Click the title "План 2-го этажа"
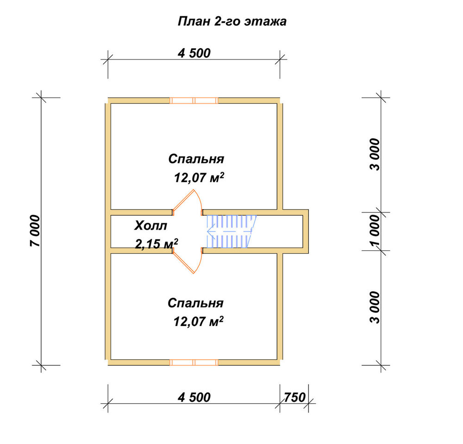pos(232,22)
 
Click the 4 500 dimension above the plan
pos(194,53)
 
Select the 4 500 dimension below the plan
pos(194,397)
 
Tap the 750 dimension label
pos(294,397)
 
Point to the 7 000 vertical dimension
pos(35,231)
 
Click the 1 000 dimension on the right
pos(375,230)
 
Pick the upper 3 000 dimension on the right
pos(375,154)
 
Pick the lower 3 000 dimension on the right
pos(375,307)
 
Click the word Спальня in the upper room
pos(196,159)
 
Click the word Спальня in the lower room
pos(195,303)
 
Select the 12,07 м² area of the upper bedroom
pos(199,178)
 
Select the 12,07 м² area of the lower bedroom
pos(199,321)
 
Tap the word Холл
pos(150,226)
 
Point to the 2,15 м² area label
pos(156,244)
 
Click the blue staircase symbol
pos(231,231)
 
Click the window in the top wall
pos(194,100)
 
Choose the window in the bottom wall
pos(194,363)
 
